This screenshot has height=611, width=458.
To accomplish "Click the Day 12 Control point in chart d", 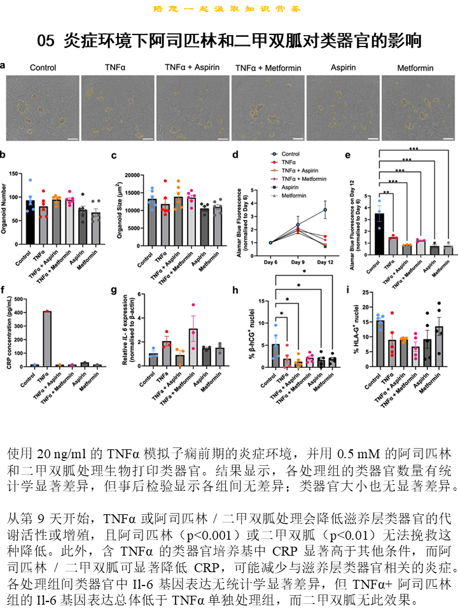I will point(325,209).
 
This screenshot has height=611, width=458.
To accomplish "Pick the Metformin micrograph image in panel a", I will point(418,107).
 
